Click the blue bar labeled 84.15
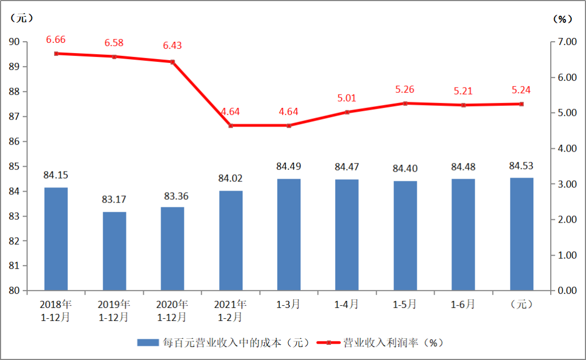tap(56, 239)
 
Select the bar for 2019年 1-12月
tap(114, 251)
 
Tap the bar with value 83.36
tap(173, 249)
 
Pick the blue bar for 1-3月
tap(289, 235)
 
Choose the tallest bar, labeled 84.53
tap(521, 234)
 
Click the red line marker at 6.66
tap(56, 53)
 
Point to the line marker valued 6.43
tap(173, 62)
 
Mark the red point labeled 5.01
tap(347, 112)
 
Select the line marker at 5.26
tap(405, 103)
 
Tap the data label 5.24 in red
tap(521, 90)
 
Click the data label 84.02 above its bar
tap(231, 179)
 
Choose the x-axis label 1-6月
tap(463, 305)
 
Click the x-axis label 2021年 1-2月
tap(231, 310)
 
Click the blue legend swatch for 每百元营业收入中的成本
tap(148, 343)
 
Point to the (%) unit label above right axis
tap(563, 19)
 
